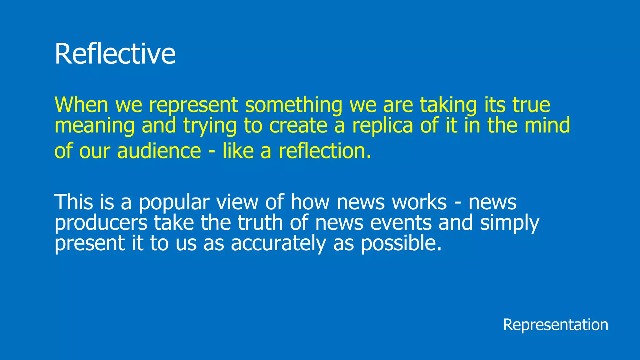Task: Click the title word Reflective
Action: point(115,54)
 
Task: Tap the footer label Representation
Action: point(555,325)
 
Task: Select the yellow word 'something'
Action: point(293,105)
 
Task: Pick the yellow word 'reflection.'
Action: point(325,151)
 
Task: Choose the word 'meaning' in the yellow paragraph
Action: point(94,126)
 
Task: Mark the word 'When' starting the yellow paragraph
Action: point(81,105)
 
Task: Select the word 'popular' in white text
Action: point(174,202)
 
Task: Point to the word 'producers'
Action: point(101,223)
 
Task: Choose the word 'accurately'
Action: point(278,243)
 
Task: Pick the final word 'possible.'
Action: point(402,243)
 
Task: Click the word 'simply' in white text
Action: point(510,223)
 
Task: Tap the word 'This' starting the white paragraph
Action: point(74,202)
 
